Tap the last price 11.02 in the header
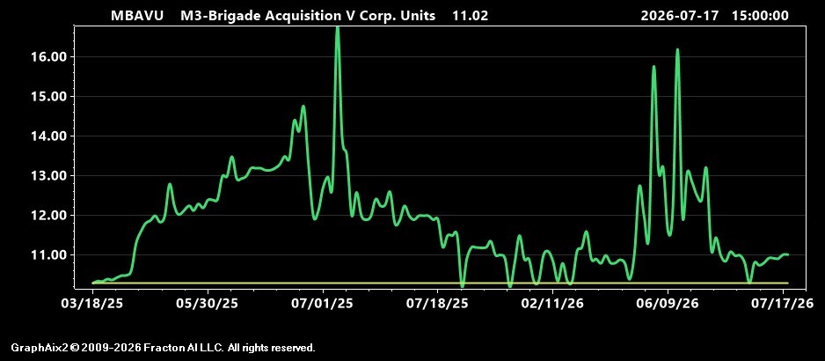click(471, 16)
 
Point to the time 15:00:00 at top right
click(760, 16)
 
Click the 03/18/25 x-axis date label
click(93, 304)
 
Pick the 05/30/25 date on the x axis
click(208, 304)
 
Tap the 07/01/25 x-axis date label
click(323, 304)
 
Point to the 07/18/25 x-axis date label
click(438, 304)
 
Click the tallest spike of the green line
click(337, 28)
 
